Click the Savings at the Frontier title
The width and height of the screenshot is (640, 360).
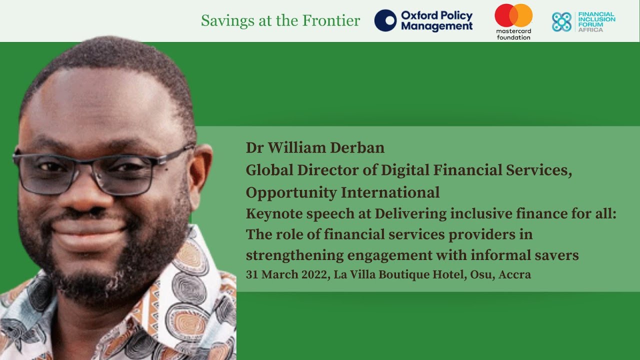280,20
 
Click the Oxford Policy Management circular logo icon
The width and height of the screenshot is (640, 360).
385,20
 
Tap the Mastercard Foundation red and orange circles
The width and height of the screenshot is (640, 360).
513,15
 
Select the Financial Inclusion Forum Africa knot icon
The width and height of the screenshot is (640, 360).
561,21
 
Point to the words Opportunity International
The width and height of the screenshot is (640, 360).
342,192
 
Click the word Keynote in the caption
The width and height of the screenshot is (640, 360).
273,214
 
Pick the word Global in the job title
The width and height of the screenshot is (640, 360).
268,170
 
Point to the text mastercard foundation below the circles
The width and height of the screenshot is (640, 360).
513,34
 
